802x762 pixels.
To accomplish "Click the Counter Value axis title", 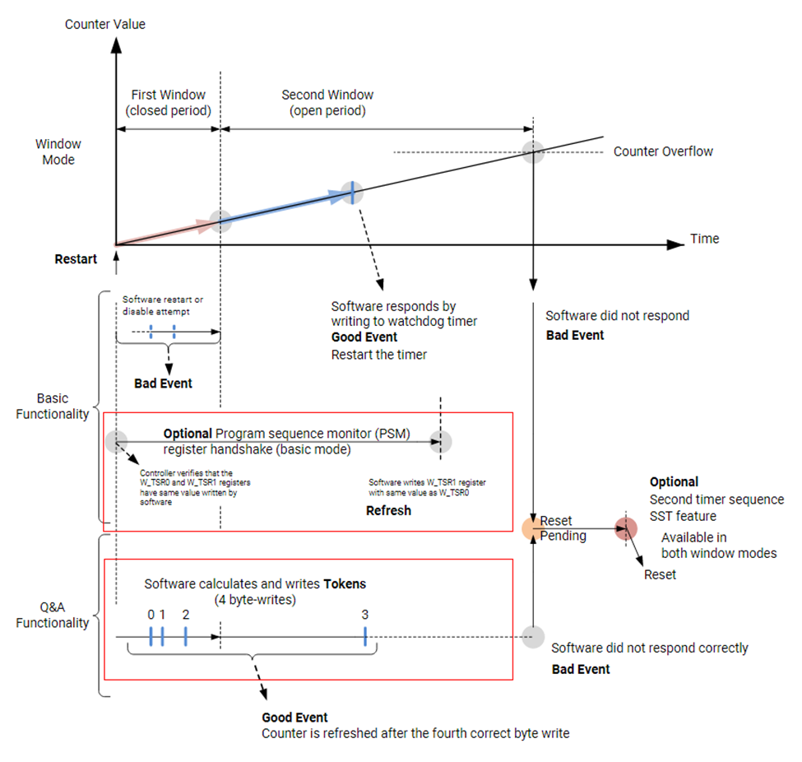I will (x=105, y=24).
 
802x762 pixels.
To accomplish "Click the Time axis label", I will (x=704, y=239).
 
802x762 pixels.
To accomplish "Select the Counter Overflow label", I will (x=663, y=151).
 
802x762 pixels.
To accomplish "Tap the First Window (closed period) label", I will (x=168, y=103).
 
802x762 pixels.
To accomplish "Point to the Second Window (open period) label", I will (x=327, y=103).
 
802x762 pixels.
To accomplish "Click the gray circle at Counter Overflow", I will (x=535, y=151).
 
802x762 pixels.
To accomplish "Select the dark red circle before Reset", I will (x=626, y=527).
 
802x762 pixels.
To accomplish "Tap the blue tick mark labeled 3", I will (x=364, y=636).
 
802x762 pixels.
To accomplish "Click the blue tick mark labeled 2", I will (x=186, y=636).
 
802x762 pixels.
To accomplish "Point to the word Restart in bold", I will (x=76, y=259).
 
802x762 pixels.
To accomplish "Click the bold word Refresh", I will (x=388, y=510).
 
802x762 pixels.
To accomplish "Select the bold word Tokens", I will (x=345, y=583).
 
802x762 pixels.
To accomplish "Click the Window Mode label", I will (x=58, y=152).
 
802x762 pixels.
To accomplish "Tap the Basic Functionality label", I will (x=53, y=406).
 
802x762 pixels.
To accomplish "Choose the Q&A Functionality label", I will (x=53, y=615).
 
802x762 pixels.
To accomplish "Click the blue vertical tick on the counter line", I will (x=352, y=193).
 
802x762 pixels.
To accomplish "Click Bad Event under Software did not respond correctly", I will (x=581, y=669).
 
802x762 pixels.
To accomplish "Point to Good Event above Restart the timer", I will (x=364, y=337).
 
